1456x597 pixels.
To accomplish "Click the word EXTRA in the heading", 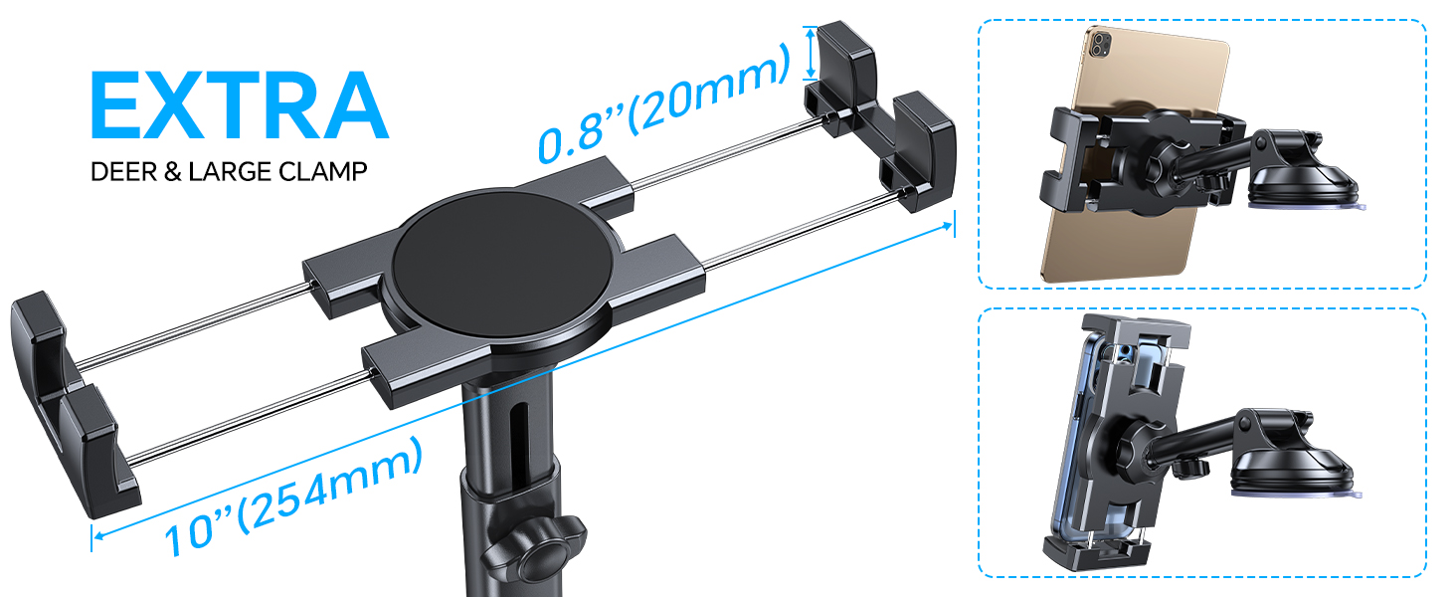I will [239, 105].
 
